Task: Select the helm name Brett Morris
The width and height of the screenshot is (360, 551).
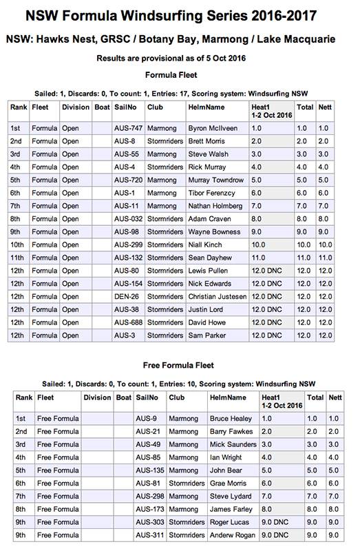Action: click(209, 141)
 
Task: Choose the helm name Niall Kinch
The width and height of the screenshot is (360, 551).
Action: click(205, 245)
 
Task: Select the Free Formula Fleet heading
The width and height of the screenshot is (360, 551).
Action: click(180, 364)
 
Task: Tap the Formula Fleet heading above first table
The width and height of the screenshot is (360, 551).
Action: click(180, 74)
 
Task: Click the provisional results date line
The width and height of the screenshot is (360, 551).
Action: click(180, 59)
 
